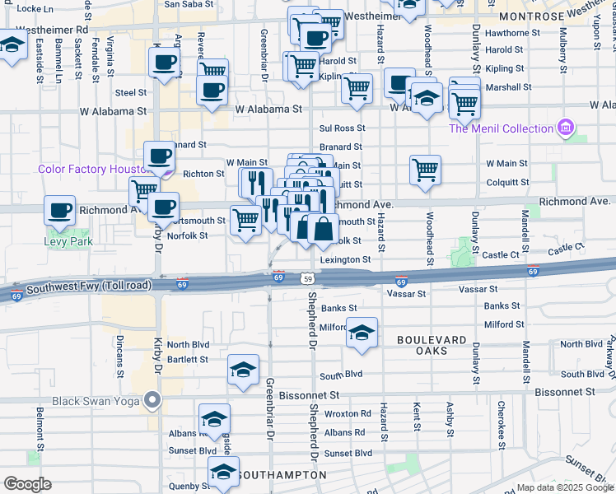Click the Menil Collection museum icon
pos(565,128)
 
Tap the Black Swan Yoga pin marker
pos(152,401)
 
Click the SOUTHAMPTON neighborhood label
pos(278,476)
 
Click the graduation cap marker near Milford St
pos(361,333)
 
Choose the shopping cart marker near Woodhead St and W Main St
pos(425,170)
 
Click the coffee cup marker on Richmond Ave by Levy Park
pos(59,212)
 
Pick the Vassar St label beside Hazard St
pos(406,293)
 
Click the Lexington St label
pos(345,259)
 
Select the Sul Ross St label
pos(342,128)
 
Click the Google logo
pos(27,484)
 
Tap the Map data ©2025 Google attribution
pos(563,487)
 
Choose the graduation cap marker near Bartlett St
pos(243,370)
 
